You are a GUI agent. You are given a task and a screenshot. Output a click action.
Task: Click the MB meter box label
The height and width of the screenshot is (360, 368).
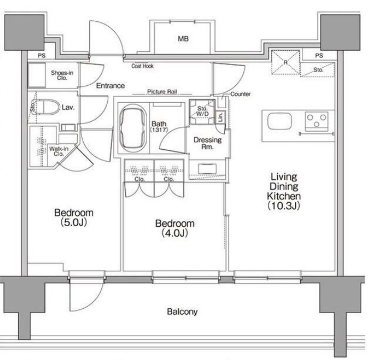(x=183, y=38)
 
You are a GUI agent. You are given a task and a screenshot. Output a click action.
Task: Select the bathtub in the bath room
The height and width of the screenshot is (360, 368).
(x=133, y=129)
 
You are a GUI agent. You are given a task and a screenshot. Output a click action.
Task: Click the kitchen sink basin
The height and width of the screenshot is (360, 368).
(x=279, y=121)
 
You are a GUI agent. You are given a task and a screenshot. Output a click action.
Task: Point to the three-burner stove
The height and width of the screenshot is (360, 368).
(x=316, y=121)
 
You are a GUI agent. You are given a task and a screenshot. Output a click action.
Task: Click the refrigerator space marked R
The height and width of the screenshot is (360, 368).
(x=285, y=62)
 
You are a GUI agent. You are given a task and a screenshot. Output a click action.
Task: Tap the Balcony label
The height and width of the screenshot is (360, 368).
(x=182, y=311)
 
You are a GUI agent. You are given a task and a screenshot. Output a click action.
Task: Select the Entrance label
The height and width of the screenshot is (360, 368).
(x=110, y=86)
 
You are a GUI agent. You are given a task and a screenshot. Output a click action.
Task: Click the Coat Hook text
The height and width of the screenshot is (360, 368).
(x=142, y=66)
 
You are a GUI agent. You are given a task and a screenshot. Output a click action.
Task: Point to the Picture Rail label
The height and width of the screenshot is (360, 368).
(x=162, y=92)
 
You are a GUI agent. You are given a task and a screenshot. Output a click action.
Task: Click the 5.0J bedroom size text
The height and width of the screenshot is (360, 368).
(x=74, y=222)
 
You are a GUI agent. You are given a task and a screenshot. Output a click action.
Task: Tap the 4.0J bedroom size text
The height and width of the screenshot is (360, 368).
(x=174, y=233)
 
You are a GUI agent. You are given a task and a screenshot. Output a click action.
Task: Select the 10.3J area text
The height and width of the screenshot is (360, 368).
(x=284, y=205)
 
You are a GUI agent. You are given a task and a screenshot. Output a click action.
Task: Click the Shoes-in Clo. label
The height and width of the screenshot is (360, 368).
(x=62, y=75)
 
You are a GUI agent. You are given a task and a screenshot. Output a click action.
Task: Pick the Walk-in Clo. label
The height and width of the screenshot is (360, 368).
(x=59, y=151)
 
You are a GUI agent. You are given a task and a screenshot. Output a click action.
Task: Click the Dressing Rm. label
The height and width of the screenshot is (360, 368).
(x=207, y=143)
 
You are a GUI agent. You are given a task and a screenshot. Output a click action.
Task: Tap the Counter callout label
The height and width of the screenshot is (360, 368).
(x=240, y=94)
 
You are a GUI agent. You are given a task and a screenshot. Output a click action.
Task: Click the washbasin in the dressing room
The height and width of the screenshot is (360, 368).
(x=207, y=169)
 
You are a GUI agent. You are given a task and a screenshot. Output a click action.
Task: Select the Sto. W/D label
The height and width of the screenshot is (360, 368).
(x=202, y=111)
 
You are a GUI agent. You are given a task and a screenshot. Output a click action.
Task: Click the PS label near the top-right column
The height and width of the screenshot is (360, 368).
(x=319, y=55)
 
